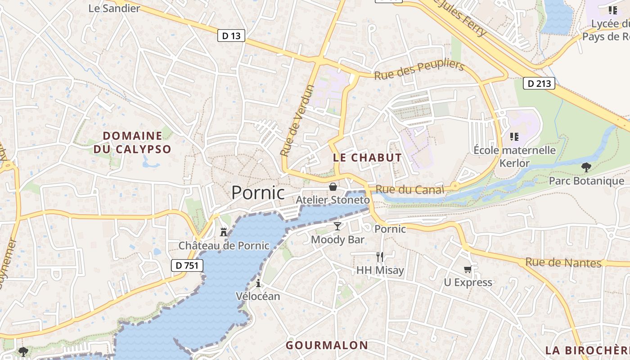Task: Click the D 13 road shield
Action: tap(231, 36)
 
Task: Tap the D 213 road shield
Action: tap(539, 83)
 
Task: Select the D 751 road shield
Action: tap(187, 265)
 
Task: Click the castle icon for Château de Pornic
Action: tap(224, 232)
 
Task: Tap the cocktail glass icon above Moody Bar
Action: tap(337, 226)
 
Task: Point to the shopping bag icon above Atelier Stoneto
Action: tap(333, 186)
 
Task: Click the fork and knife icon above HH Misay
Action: tap(380, 256)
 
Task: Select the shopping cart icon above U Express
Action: tap(468, 269)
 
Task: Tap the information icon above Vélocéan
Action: tap(258, 283)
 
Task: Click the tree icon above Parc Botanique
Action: tap(586, 167)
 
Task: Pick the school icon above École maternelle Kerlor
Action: tap(514, 136)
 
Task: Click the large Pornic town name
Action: tap(258, 193)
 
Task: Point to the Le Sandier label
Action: tap(114, 8)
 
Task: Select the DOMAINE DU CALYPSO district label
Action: tap(132, 142)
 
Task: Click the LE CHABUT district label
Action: tap(367, 157)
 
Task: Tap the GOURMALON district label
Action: tap(327, 345)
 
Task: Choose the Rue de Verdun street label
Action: tap(297, 121)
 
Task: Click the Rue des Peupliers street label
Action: tap(419, 71)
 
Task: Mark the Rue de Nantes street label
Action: tap(563, 262)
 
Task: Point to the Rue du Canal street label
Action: tap(409, 189)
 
